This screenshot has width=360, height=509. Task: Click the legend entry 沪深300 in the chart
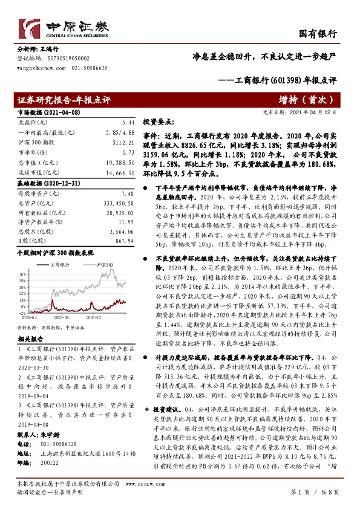[104, 265]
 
